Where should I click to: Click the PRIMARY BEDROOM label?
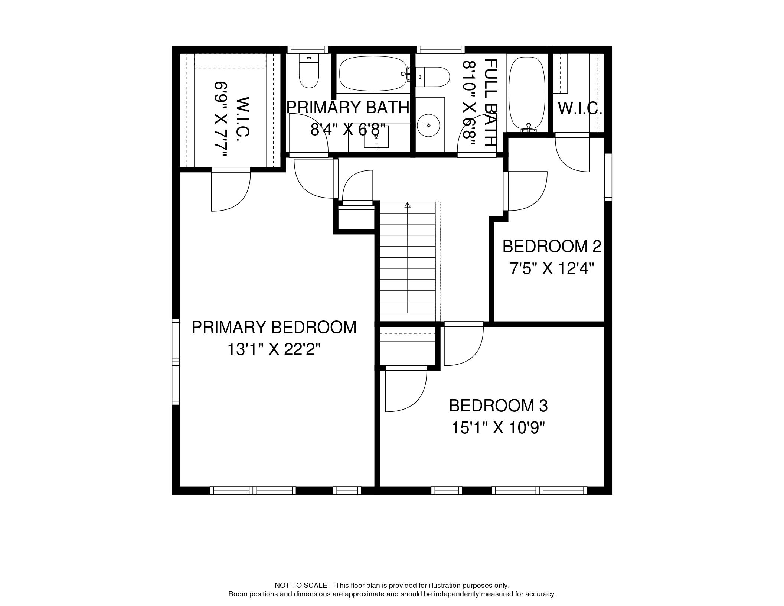click(x=274, y=327)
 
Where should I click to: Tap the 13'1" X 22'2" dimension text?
click(x=274, y=349)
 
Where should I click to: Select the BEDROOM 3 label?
click(x=498, y=405)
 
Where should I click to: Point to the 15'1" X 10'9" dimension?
click(x=498, y=428)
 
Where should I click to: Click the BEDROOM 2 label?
click(x=552, y=246)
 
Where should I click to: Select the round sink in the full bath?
click(x=429, y=125)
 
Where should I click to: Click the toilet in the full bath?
click(x=432, y=77)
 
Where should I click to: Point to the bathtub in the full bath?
click(x=527, y=94)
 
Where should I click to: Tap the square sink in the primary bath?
click(x=376, y=137)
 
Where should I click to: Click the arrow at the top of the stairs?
click(x=408, y=205)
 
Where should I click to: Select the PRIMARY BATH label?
click(x=348, y=107)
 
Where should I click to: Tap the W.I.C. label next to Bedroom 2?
click(x=580, y=108)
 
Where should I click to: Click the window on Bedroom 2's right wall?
click(x=608, y=177)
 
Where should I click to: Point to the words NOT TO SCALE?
click(x=301, y=586)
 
